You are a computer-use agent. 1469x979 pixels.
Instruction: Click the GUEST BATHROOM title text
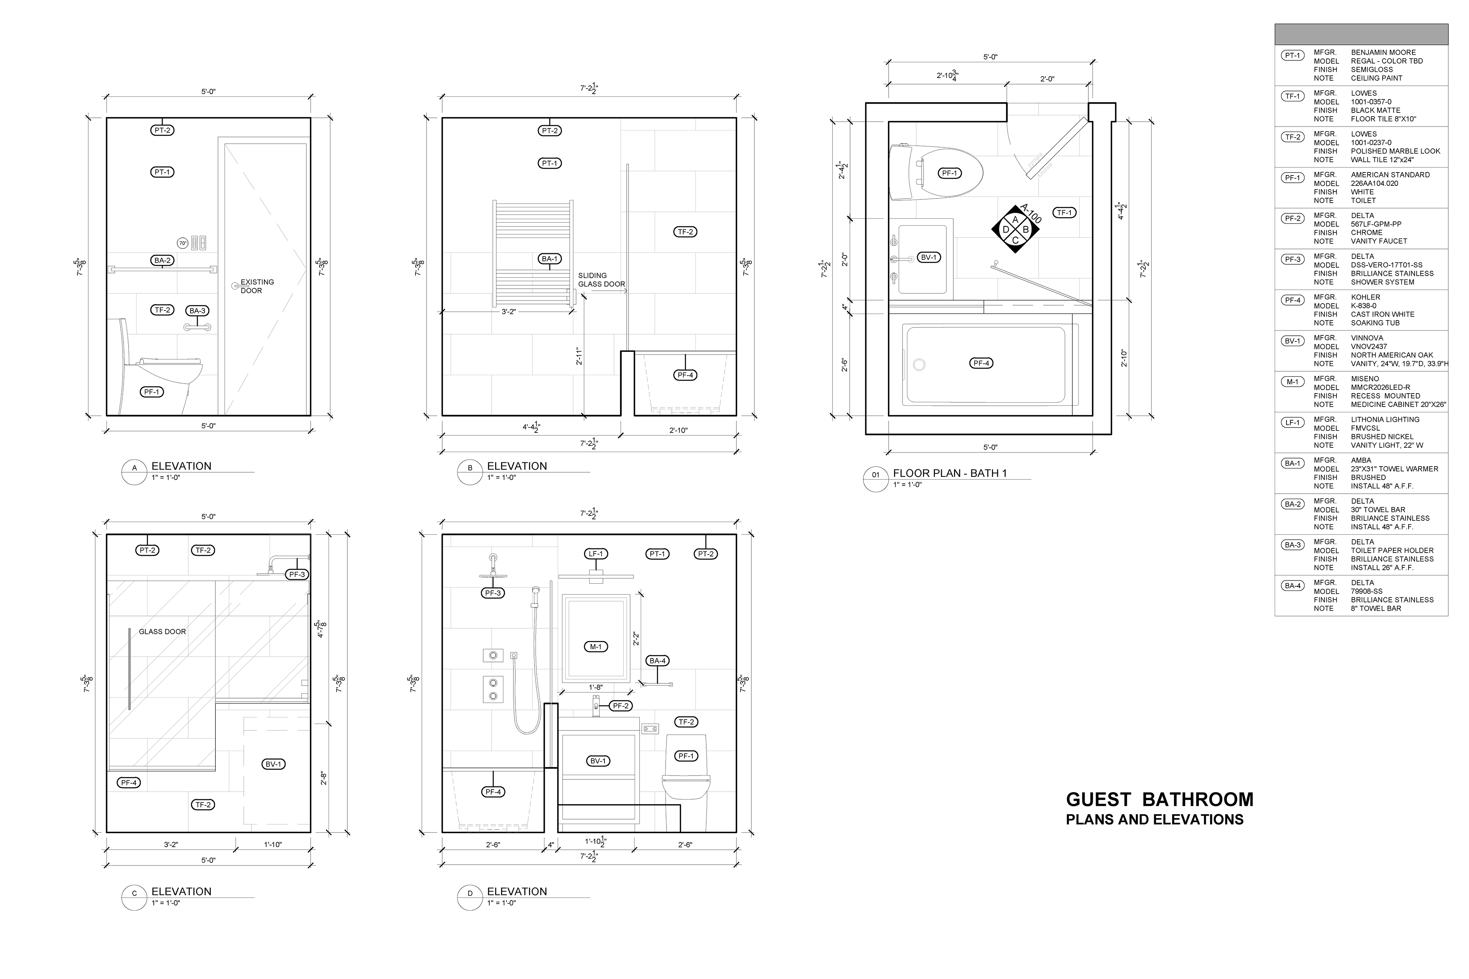pos(1159,800)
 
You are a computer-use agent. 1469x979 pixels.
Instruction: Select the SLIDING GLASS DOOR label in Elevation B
pos(601,280)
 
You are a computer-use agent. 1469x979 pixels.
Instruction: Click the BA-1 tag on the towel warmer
pos(550,259)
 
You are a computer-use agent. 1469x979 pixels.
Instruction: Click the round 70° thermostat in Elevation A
pos(182,244)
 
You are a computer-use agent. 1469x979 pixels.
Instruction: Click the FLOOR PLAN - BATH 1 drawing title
pos(950,473)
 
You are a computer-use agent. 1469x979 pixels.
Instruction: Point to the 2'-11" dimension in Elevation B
pos(579,356)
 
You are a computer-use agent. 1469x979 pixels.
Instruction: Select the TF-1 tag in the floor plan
pos(1064,213)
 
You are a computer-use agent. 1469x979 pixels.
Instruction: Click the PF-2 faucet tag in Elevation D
pos(620,706)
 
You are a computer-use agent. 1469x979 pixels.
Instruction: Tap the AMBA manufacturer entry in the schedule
pos(1362,460)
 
